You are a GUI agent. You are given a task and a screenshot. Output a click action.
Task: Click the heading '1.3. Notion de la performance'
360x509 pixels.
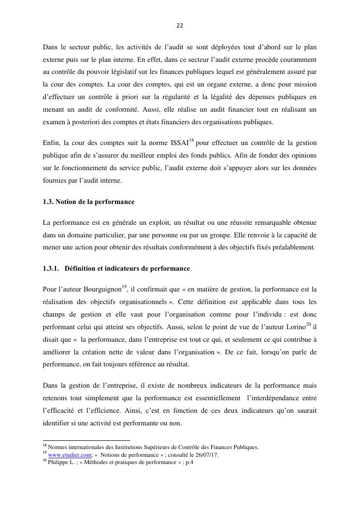(88, 201)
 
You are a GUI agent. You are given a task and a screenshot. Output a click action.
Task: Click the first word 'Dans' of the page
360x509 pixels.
(50, 47)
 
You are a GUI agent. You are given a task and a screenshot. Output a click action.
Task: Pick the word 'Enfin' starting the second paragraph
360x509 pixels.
(51, 144)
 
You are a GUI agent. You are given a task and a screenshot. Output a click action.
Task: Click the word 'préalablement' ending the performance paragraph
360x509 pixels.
(293, 247)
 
